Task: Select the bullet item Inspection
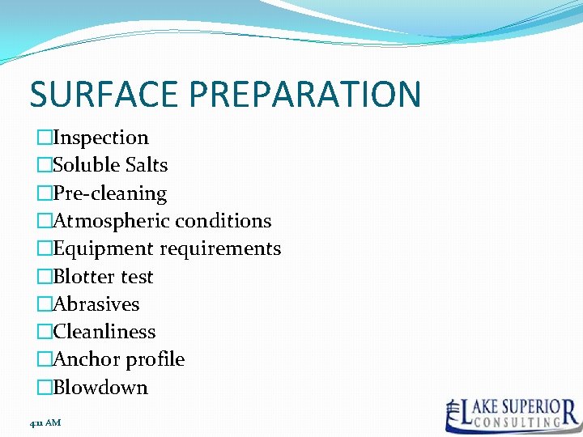pyautogui.click(x=100, y=138)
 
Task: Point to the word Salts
pyautogui.click(x=147, y=165)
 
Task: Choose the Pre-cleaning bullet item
pyautogui.click(x=109, y=193)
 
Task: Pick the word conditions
pyautogui.click(x=223, y=221)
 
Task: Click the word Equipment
pyautogui.click(x=102, y=248)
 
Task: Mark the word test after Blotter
pyautogui.click(x=136, y=277)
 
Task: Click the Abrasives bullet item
pyautogui.click(x=96, y=304)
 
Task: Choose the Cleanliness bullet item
pyautogui.click(x=104, y=332)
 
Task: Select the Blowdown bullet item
pyautogui.click(x=100, y=388)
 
